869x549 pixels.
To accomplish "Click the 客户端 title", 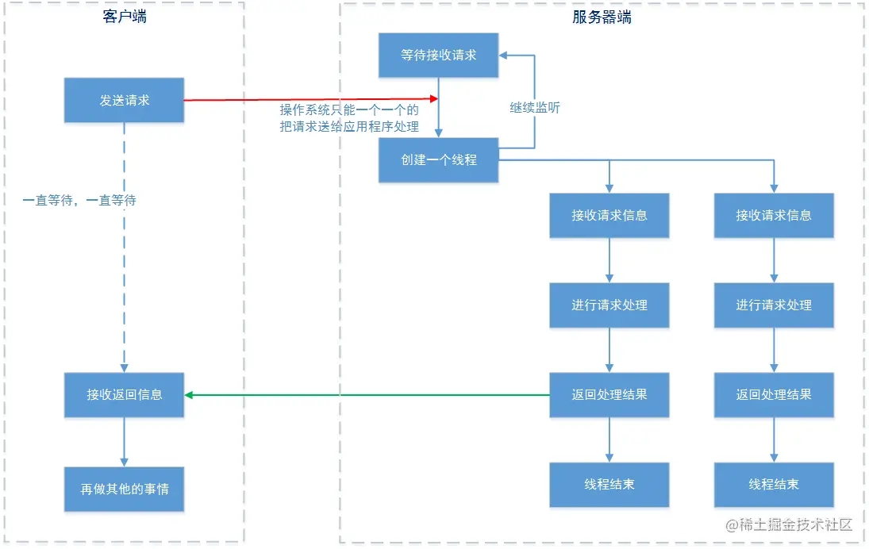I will (x=125, y=17).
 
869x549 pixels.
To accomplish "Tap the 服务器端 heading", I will (x=602, y=17).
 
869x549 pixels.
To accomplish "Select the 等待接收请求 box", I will (x=439, y=56).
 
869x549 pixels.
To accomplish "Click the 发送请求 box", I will (x=124, y=100).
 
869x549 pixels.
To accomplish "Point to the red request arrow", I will (x=310, y=99).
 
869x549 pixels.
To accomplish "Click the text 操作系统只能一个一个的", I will (x=349, y=110).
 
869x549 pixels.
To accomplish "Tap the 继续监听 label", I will (x=535, y=108).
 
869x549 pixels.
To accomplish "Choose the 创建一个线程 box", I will (x=439, y=159).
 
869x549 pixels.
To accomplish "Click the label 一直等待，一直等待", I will (x=79, y=201).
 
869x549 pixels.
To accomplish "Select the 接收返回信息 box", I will (x=124, y=394).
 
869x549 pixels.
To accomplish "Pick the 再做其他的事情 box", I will (x=124, y=489).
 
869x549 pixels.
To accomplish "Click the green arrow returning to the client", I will (x=365, y=394).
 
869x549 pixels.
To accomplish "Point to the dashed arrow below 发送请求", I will (x=125, y=246).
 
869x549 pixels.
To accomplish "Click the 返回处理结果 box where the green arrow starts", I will (x=609, y=394).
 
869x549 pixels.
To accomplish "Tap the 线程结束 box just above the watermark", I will (x=774, y=484).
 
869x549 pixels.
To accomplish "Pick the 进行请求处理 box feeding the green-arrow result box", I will (x=609, y=305).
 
